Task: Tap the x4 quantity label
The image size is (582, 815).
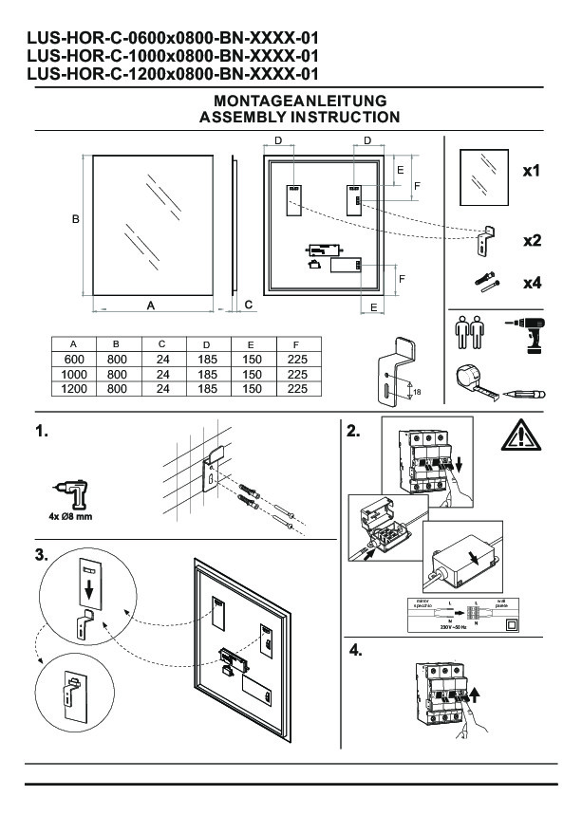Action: pyautogui.click(x=532, y=282)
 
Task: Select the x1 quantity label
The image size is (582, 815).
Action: pyautogui.click(x=532, y=173)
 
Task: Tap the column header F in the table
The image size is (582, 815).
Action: pyautogui.click(x=297, y=346)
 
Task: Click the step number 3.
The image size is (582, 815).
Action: pyautogui.click(x=41, y=554)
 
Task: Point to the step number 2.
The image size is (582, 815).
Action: pyautogui.click(x=353, y=432)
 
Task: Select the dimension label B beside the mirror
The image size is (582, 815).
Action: pyautogui.click(x=76, y=219)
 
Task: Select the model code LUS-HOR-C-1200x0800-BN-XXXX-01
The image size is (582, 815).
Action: pyautogui.click(x=172, y=73)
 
